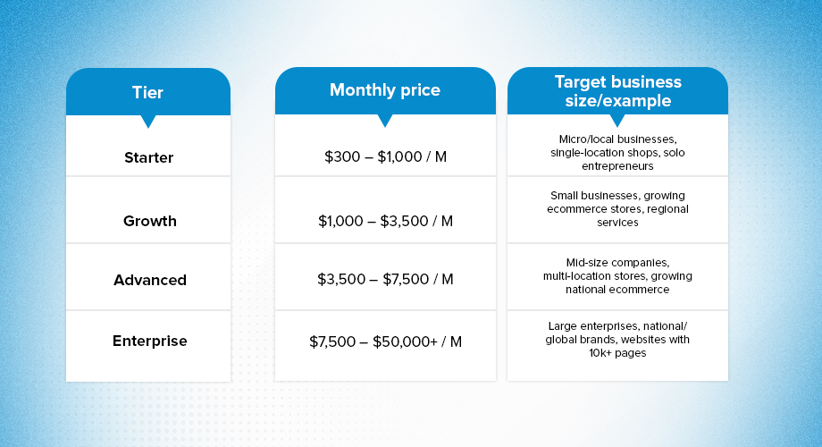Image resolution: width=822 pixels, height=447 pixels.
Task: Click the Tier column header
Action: coord(147,92)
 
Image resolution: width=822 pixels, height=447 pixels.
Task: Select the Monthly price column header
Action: coord(385,89)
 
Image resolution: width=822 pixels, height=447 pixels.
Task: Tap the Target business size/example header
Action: coord(617,91)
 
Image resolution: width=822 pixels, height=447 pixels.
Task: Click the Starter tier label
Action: coord(148,157)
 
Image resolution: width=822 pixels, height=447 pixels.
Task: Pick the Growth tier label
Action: coord(149,221)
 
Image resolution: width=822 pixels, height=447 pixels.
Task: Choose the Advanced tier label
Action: coord(149,280)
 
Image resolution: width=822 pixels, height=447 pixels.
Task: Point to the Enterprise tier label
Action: coord(149,341)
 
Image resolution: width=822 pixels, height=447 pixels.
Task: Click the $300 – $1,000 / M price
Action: coord(385,157)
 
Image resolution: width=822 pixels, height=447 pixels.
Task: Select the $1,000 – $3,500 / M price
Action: coord(385,221)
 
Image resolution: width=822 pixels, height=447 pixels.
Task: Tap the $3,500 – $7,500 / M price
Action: coord(385,280)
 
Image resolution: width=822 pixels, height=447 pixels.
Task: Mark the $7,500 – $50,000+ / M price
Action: coord(385,342)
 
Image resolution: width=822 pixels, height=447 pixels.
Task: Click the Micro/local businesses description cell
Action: coord(617,152)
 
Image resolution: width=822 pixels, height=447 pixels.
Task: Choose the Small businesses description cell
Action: coord(617,208)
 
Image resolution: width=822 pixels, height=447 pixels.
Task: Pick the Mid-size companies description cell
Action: coord(617,275)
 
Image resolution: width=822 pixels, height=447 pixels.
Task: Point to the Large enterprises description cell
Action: coord(617,339)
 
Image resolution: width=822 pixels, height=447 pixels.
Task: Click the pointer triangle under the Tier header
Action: coord(148,121)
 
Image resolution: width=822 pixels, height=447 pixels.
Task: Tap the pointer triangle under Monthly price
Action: coord(385,119)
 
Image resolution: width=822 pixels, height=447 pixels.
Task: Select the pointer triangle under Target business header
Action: coord(617,120)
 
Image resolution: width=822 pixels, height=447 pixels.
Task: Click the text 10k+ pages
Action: coord(617,352)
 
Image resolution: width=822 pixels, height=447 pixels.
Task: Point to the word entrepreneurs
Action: coord(617,166)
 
